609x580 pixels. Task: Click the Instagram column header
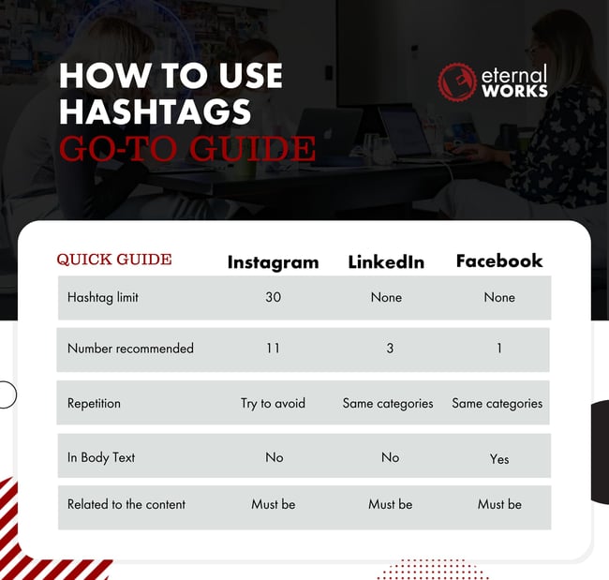[273, 262]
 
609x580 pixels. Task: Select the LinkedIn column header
[387, 262]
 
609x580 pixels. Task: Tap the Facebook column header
[498, 261]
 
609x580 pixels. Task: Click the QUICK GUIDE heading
[114, 260]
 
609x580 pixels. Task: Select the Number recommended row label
[130, 349]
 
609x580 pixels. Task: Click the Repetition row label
[94, 404]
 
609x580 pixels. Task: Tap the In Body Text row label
[101, 457]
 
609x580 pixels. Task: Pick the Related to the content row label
[126, 504]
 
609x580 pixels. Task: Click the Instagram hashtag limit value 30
[273, 298]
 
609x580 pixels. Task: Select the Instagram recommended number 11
[273, 349]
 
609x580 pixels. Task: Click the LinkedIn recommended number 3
[390, 349]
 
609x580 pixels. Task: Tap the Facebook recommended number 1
[499, 349]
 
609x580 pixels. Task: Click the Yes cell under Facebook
[499, 459]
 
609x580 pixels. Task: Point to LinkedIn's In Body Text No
[390, 457]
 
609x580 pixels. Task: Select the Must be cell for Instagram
[273, 504]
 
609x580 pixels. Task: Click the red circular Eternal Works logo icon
[457, 82]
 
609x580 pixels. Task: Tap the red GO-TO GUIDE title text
[187, 148]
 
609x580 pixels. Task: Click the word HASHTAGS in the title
[156, 112]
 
